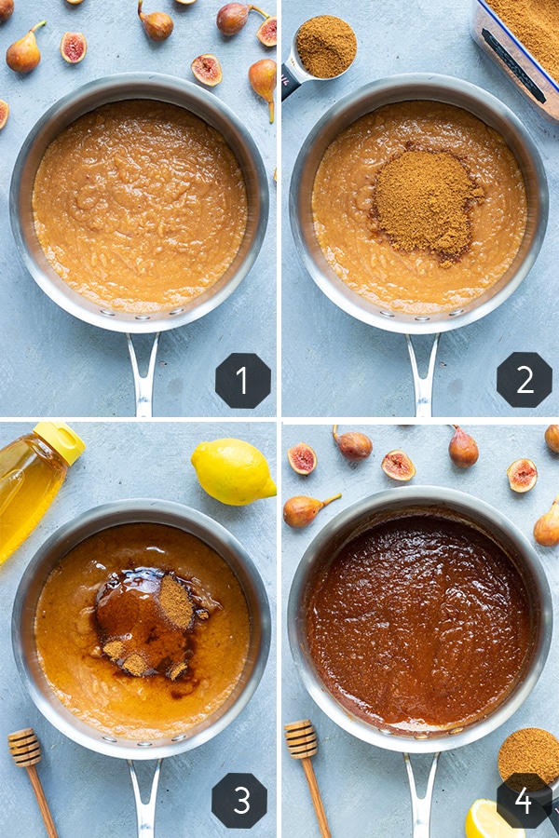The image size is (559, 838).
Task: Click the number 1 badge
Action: [x=243, y=380]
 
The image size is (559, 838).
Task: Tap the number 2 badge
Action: [x=525, y=380]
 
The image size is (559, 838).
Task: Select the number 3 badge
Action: [x=239, y=801]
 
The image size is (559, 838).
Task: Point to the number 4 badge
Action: [x=525, y=801]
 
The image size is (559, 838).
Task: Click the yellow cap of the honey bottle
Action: [x=59, y=441]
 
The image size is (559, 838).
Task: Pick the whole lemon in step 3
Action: [x=233, y=471]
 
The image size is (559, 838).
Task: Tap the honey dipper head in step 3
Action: [x=24, y=747]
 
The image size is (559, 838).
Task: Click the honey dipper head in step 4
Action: [x=301, y=738]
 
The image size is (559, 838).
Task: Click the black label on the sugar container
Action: [x=513, y=65]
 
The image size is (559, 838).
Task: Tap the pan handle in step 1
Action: [x=143, y=373]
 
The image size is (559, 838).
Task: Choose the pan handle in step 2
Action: [x=423, y=374]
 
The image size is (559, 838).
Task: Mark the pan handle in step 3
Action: [x=144, y=797]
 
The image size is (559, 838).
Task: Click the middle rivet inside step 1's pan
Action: [x=143, y=318]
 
